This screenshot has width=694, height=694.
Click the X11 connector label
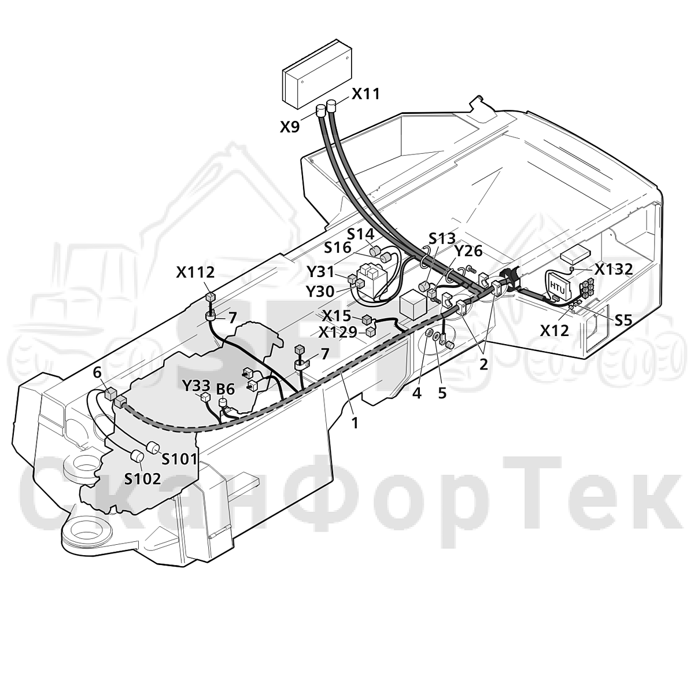[366, 94]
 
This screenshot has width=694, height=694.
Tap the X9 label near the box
[290, 127]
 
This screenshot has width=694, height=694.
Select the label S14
[361, 234]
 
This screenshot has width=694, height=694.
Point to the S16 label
[337, 248]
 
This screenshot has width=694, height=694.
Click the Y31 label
[321, 272]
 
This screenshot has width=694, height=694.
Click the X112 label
[195, 272]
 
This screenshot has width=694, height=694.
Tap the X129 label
[338, 333]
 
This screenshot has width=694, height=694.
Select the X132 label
[614, 269]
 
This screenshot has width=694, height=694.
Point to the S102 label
[143, 479]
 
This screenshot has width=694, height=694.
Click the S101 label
[179, 459]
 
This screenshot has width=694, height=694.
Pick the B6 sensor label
[226, 389]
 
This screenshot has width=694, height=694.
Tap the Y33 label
[196, 386]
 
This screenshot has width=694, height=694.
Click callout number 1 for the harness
[355, 423]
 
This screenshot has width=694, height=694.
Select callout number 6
[97, 373]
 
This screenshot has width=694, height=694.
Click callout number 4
[416, 393]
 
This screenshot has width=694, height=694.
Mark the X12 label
[555, 331]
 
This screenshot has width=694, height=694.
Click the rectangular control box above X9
[316, 74]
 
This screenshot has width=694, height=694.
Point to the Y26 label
[468, 252]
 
